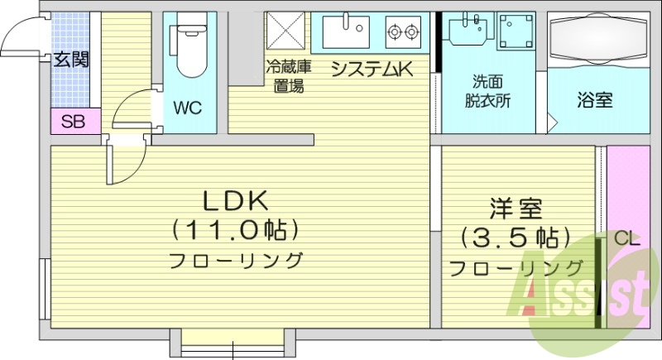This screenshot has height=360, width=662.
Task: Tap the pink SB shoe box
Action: [x=74, y=122]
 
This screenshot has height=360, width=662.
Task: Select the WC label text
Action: [x=188, y=108]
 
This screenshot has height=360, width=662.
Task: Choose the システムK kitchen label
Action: [x=372, y=70]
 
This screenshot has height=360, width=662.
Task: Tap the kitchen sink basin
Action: [x=344, y=32]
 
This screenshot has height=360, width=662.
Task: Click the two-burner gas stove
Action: [x=405, y=32]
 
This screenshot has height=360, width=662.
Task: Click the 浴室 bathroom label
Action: [x=594, y=101]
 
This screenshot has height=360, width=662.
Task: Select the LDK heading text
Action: [x=236, y=201]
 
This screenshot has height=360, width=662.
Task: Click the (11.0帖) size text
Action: [x=236, y=228]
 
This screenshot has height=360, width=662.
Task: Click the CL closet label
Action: [x=626, y=239]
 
